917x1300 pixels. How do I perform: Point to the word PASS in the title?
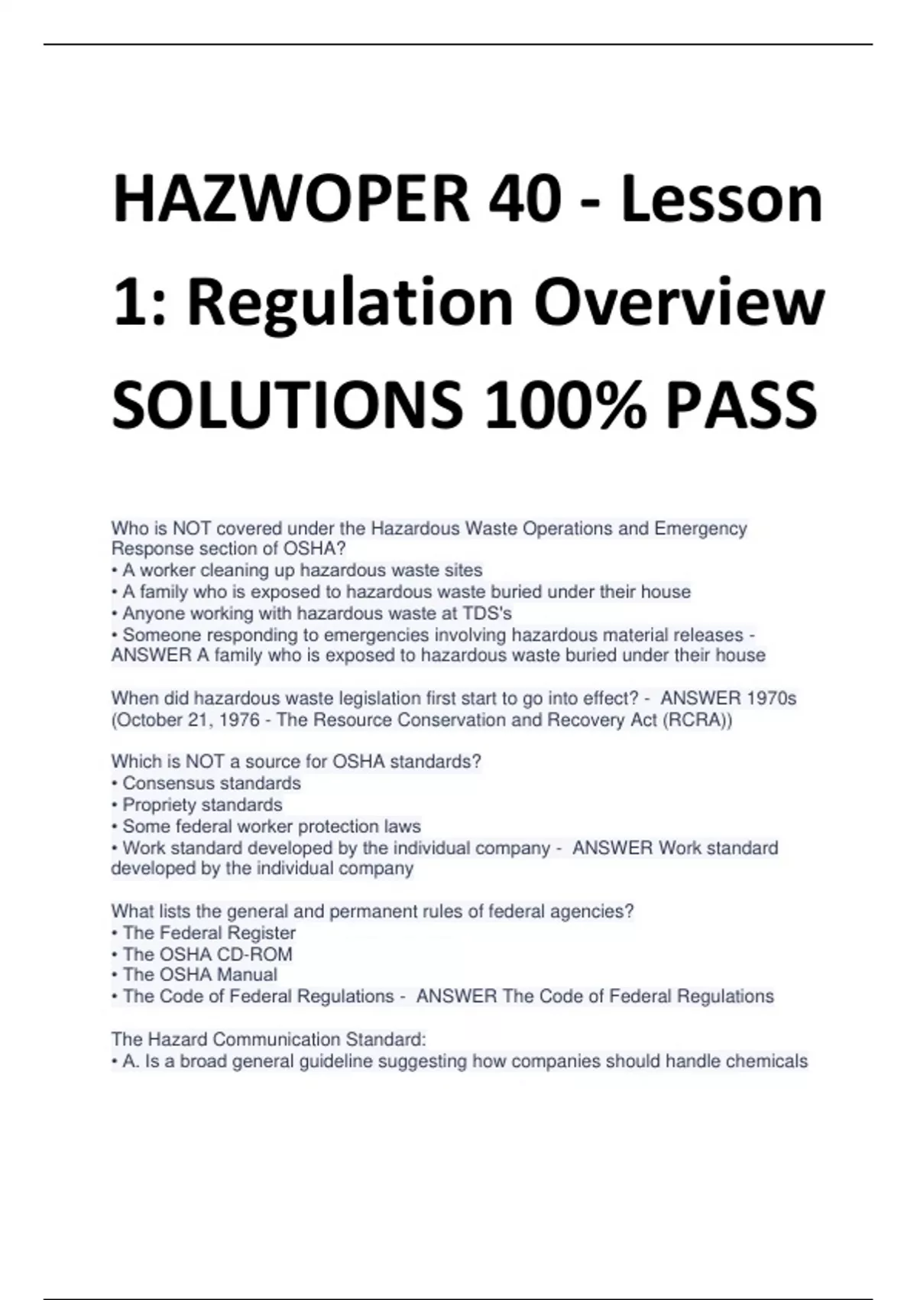coord(741,405)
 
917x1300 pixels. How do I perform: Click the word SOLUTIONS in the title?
coord(287,405)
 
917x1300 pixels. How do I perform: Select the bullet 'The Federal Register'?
coord(209,933)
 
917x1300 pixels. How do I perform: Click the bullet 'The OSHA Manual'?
coord(199,975)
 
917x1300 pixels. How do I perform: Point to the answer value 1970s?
coord(771,698)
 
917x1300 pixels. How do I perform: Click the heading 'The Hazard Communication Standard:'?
coord(268,1039)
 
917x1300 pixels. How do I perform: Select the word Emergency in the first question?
coord(701,528)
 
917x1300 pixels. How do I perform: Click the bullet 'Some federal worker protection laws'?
coord(271,827)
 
